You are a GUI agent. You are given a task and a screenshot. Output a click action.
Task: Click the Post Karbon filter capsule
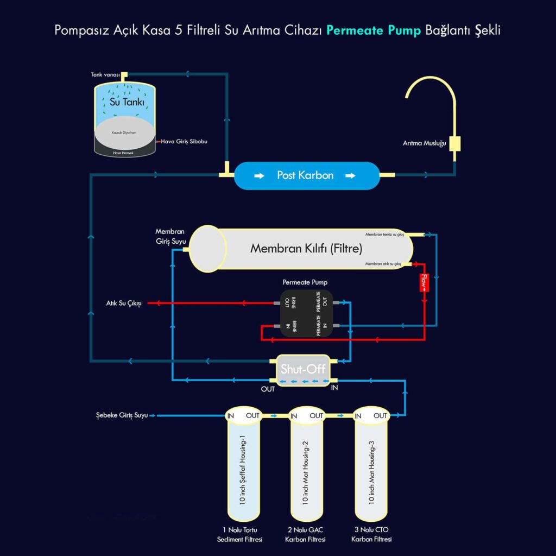[307, 175]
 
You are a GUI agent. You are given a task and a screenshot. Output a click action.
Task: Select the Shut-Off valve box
[303, 370]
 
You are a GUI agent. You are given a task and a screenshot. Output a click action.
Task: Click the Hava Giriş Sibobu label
[184, 142]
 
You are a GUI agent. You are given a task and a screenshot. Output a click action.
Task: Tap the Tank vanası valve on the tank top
[124, 74]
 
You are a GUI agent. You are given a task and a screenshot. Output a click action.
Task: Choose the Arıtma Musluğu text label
[424, 143]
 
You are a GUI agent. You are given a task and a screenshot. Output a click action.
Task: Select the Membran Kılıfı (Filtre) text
[306, 249]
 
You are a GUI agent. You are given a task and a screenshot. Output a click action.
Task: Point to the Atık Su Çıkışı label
[124, 303]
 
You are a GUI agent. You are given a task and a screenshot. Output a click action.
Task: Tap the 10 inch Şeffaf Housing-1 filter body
[243, 470]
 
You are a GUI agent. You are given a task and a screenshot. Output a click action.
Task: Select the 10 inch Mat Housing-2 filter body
[307, 470]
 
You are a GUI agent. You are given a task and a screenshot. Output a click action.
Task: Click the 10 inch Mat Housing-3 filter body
[372, 470]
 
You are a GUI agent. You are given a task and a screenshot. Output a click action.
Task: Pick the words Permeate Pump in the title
[374, 30]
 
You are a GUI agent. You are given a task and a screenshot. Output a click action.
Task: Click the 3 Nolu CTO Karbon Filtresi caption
[372, 534]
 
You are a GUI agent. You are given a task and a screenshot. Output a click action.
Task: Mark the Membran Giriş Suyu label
[170, 236]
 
